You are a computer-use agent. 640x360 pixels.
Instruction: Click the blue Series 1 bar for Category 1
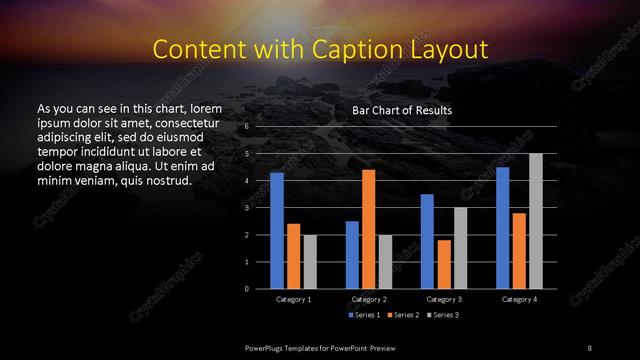click(277, 230)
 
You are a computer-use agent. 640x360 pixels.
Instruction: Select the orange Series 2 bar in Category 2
click(368, 229)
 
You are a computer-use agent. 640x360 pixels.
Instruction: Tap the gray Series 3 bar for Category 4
click(535, 221)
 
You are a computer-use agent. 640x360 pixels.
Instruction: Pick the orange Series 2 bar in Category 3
click(443, 264)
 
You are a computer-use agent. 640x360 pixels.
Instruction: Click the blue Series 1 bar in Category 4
click(502, 228)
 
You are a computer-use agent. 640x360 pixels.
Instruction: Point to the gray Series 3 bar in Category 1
click(310, 261)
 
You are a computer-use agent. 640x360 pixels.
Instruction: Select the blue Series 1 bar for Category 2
click(352, 255)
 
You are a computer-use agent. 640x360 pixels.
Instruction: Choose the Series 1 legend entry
click(363, 315)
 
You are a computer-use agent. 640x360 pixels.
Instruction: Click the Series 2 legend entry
click(403, 315)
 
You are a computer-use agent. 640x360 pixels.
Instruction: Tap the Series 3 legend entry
click(443, 315)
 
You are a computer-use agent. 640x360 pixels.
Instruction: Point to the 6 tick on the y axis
click(246, 128)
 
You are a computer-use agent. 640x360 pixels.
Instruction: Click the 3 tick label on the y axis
click(246, 208)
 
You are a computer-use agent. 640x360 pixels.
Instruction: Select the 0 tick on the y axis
click(246, 289)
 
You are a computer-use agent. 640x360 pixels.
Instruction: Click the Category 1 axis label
click(293, 299)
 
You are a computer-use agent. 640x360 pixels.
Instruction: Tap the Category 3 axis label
click(443, 299)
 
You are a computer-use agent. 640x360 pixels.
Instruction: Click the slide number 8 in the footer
click(589, 346)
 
